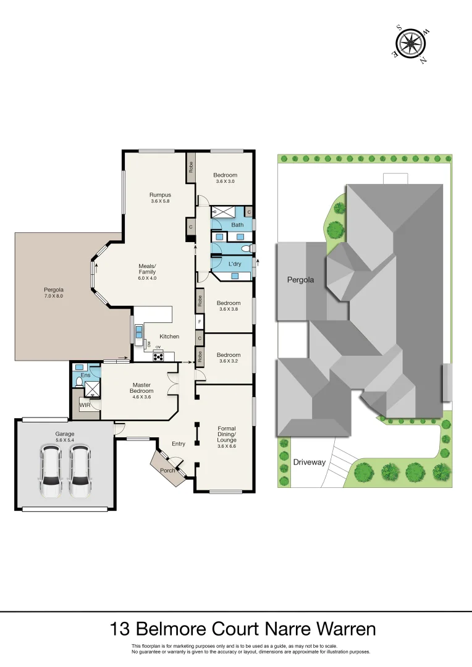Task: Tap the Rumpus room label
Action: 160,195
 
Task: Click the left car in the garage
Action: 51,472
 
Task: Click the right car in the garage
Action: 80,472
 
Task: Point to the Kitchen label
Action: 169,337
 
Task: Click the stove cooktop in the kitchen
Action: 158,356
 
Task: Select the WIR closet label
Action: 85,405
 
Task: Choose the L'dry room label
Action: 235,264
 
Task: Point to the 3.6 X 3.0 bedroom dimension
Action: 225,182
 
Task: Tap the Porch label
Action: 167,471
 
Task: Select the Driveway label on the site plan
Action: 310,462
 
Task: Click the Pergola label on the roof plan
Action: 300,280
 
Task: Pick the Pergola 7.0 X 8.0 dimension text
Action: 53,296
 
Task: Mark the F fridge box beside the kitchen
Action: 200,322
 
